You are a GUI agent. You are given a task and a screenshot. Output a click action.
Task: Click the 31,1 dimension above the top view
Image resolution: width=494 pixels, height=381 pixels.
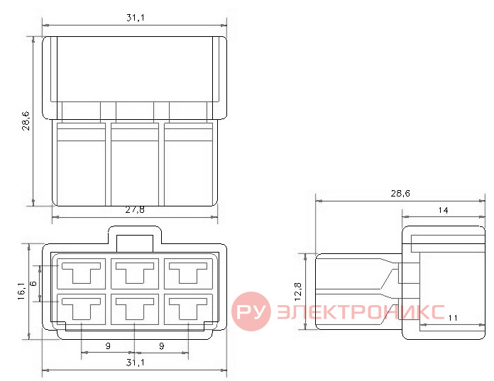pos(136,18)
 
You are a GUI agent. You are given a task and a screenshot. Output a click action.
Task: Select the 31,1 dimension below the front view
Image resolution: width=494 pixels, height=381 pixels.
pos(136,363)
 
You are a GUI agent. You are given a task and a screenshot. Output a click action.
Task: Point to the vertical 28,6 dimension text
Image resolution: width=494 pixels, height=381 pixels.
pos(26,121)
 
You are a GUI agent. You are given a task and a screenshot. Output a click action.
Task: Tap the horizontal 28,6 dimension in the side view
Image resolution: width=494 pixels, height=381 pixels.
pos(400,193)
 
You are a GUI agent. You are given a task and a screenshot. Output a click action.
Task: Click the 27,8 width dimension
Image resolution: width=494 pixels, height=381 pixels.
pos(135,210)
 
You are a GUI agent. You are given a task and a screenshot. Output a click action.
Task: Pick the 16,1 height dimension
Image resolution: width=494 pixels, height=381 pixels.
pos(21,291)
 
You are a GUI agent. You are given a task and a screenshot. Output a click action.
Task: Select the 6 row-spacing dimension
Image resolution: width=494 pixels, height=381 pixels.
pos(33,283)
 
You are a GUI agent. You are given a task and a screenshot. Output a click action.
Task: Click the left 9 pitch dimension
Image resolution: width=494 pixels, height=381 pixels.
pos(108,346)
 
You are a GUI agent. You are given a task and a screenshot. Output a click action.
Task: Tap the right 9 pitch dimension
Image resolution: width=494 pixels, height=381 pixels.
pos(162,346)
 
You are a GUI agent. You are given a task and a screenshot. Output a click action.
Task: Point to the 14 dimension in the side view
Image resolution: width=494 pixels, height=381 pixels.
pos(443,210)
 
